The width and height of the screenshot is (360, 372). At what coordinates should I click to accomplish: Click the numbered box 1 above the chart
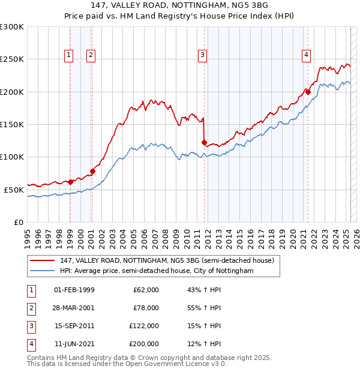coord(69,55)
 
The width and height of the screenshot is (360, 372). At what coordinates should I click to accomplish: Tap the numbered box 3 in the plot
coord(203,55)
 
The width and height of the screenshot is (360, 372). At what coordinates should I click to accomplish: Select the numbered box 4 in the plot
coord(306,55)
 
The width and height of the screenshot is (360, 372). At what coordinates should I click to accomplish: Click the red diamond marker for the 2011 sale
coord(204,142)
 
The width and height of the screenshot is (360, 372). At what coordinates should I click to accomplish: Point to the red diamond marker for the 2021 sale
coord(308,92)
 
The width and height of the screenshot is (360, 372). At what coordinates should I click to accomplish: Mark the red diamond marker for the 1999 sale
coord(70,182)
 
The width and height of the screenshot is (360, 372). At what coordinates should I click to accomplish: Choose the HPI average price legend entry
coord(156,271)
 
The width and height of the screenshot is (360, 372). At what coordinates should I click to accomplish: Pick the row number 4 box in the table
coord(30,344)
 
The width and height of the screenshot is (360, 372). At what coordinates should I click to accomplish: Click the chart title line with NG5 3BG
coord(179,5)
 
